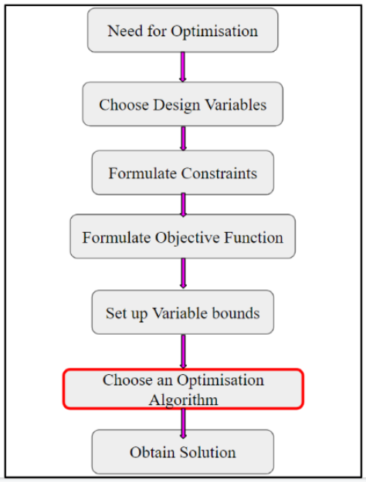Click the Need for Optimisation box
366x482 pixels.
182,30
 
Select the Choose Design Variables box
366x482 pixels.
182,104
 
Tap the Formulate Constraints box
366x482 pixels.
182,173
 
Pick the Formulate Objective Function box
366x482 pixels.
182,236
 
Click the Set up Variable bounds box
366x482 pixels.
182,312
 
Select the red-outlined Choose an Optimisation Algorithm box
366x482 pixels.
183,389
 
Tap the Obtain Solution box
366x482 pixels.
182,452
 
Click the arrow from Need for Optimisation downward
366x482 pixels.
182,67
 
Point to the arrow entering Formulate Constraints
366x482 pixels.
183,138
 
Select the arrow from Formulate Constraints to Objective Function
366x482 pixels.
183,204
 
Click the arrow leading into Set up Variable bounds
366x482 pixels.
183,273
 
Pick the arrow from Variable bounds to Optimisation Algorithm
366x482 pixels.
183,352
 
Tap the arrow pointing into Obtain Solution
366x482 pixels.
183,423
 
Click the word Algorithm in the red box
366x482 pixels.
184,400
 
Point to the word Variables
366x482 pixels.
236,105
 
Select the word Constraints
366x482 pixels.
219,173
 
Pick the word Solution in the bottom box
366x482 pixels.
208,452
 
